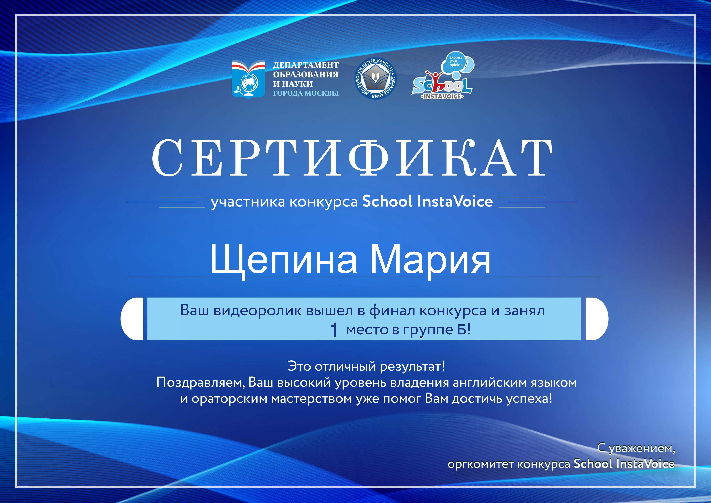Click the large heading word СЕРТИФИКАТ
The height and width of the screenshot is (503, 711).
pos(352,158)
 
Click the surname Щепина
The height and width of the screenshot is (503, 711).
pos(283,260)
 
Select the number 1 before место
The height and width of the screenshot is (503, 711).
pos(334,330)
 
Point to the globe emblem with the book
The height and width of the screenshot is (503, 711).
pos(248,80)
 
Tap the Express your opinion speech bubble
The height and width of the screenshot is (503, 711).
pos(457,62)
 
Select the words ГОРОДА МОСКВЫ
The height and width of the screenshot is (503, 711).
pos(306,93)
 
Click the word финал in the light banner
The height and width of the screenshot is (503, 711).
pos(392,311)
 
